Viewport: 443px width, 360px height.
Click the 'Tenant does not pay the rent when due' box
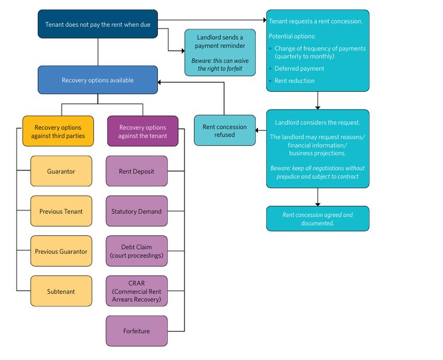[97, 24]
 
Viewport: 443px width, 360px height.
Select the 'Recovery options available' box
[97, 80]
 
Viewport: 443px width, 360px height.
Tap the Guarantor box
[61, 171]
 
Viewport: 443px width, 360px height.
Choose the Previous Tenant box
[61, 211]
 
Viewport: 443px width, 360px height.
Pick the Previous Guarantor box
[61, 251]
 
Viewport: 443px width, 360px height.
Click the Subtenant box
[61, 291]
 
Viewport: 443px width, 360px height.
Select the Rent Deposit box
[137, 171]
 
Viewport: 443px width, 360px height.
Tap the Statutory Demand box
[137, 211]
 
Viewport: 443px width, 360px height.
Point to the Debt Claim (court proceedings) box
[137, 251]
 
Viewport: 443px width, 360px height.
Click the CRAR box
[137, 291]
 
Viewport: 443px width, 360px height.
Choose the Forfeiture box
[137, 331]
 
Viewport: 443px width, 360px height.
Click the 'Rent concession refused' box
[225, 130]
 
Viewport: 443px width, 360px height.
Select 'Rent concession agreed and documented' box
[317, 219]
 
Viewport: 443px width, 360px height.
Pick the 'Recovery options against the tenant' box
[142, 131]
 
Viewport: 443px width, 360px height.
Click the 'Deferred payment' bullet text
[299, 68]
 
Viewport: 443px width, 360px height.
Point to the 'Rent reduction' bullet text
[294, 81]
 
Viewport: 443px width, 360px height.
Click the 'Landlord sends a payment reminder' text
[220, 41]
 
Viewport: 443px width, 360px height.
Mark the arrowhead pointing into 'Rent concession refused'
[258, 130]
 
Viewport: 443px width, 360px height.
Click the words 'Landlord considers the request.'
[317, 123]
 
